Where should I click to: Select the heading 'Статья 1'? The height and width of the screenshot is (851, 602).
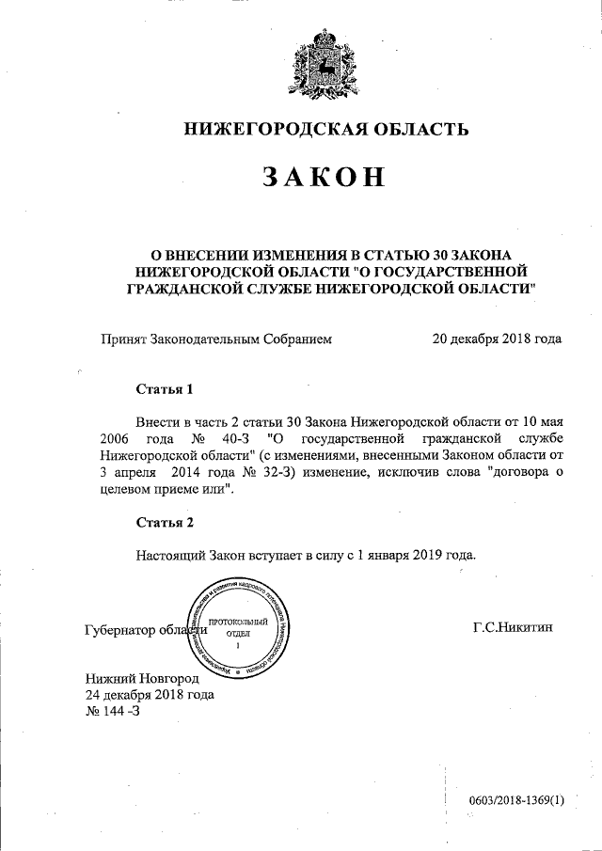pos(165,388)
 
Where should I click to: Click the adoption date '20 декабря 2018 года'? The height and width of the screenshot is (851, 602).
pos(496,339)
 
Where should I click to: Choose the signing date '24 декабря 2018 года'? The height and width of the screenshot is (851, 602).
pos(150,695)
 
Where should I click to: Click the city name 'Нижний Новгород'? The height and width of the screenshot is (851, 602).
pos(142,678)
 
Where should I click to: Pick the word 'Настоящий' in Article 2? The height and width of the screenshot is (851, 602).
pos(168,554)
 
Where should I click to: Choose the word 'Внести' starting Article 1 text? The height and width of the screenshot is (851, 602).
pos(157,421)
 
